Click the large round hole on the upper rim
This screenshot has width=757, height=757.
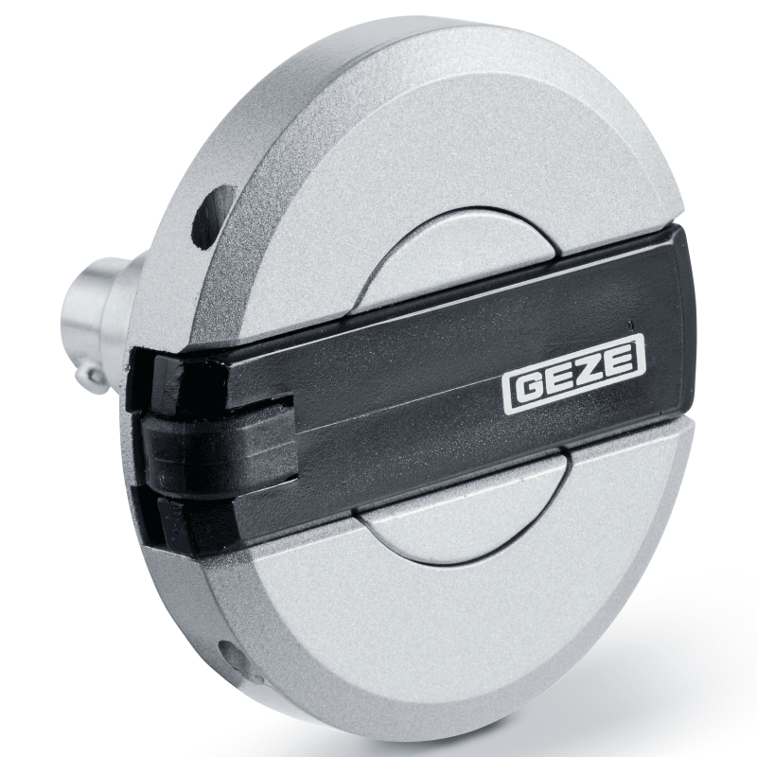point(212,219)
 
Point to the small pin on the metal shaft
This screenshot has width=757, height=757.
point(93,378)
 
